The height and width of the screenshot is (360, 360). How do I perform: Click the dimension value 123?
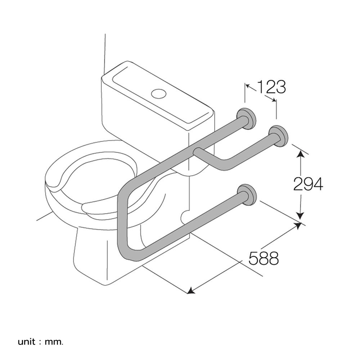(x=271, y=87)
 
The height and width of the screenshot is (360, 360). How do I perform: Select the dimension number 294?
(x=308, y=184)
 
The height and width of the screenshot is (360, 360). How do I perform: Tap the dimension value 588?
(x=264, y=258)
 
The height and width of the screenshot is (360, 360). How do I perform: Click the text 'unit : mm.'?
(x=40, y=341)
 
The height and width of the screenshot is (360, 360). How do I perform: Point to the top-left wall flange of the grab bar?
(x=247, y=118)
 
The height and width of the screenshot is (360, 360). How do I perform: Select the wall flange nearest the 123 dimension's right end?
(x=279, y=136)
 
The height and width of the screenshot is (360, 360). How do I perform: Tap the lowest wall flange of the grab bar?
(x=247, y=194)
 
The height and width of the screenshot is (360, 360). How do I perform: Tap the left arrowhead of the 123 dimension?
(x=248, y=86)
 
